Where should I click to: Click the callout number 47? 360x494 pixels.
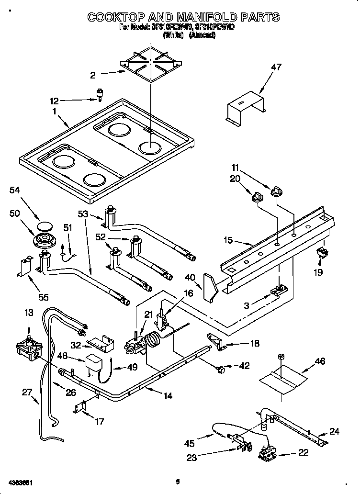click(x=276, y=67)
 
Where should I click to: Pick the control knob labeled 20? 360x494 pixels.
click(x=257, y=197)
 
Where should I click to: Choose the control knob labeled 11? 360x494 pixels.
click(x=276, y=192)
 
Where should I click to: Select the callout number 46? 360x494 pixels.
click(x=319, y=361)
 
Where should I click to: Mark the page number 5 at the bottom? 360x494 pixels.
click(x=177, y=482)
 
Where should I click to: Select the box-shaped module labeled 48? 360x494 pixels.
click(x=95, y=362)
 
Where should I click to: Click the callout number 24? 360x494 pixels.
click(x=334, y=431)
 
